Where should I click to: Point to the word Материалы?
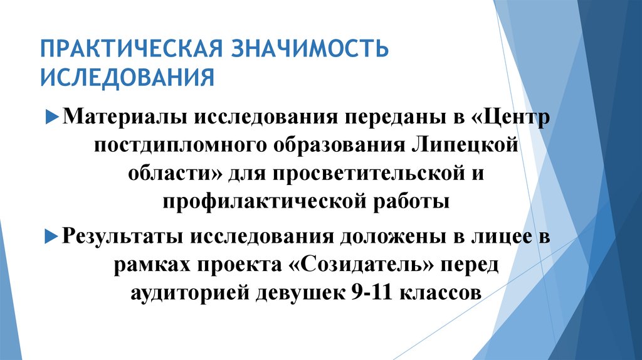coord(120,117)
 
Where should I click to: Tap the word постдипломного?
coord(179,146)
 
